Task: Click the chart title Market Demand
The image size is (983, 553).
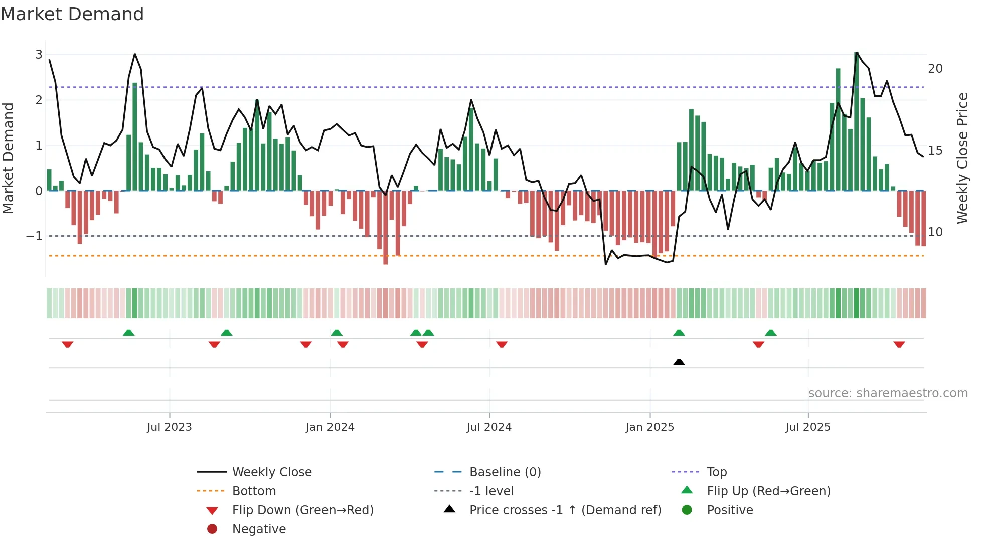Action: point(72,14)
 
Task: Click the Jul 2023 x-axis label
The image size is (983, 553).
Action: point(169,427)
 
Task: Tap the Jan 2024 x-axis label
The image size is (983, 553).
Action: point(330,427)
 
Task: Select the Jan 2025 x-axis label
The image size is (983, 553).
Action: point(649,427)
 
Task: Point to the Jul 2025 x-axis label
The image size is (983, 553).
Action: point(807,427)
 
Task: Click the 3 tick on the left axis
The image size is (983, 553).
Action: point(39,55)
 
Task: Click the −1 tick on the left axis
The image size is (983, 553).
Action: point(34,236)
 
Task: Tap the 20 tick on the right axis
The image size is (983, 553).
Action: point(935,69)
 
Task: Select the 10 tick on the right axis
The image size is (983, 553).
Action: point(935,232)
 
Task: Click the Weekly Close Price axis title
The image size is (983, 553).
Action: point(962,158)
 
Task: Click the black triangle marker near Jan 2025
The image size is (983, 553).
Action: point(679,362)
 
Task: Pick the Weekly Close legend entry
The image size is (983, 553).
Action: point(271,472)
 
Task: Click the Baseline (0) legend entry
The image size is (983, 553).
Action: point(505,472)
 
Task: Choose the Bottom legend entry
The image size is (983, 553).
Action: point(254,491)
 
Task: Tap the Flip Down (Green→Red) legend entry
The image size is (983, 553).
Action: point(302,510)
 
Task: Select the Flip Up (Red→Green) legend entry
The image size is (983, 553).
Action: point(768,491)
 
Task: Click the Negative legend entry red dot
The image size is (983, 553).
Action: point(212,529)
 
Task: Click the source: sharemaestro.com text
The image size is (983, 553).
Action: point(888,393)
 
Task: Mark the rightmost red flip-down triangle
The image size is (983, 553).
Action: point(899,345)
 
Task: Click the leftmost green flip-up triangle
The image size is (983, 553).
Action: point(128,333)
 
